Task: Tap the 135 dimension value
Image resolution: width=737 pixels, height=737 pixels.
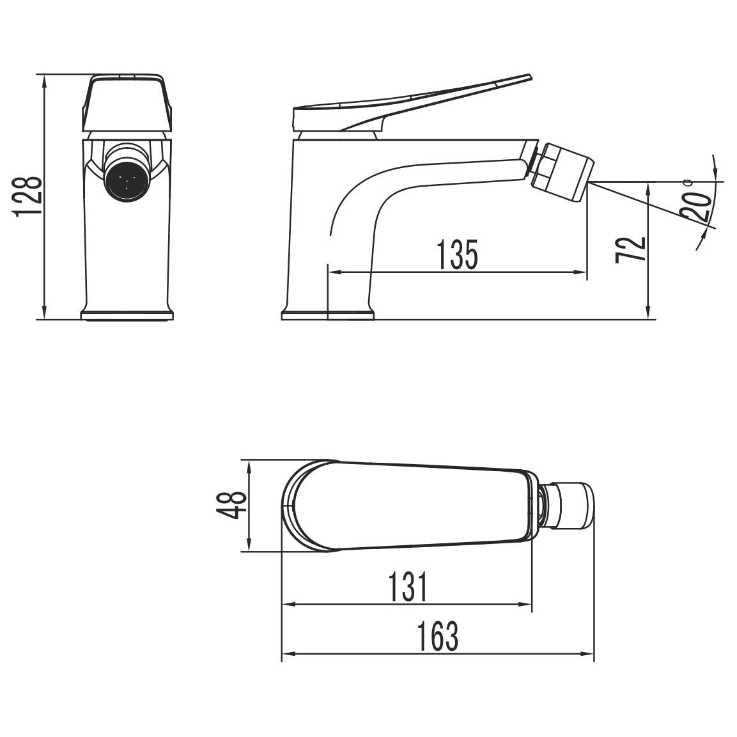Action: tap(457, 255)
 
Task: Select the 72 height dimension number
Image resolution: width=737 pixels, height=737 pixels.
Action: tap(630, 249)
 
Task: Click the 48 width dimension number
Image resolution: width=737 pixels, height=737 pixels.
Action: tap(232, 504)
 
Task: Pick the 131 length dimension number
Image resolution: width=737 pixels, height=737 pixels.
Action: tap(408, 587)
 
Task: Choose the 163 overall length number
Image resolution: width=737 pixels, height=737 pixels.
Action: tap(438, 637)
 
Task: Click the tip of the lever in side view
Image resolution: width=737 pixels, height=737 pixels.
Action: tap(531, 75)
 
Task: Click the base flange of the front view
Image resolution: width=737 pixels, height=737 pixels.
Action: tap(127, 315)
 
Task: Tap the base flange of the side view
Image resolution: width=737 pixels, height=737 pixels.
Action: tap(328, 315)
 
